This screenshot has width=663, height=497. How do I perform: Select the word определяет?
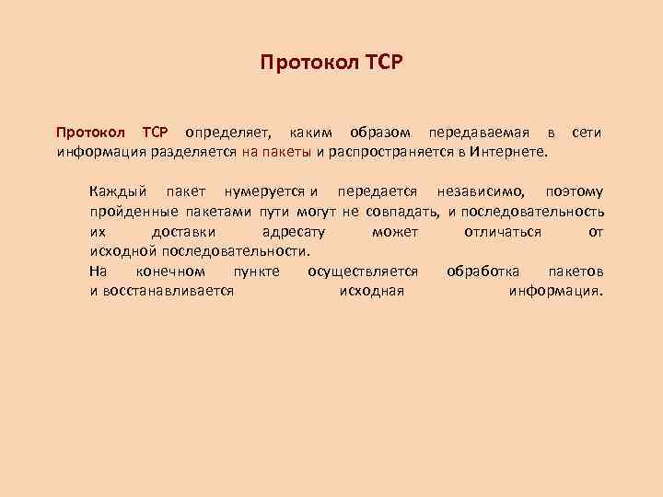(x=223, y=133)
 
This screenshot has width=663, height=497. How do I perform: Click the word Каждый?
(x=119, y=192)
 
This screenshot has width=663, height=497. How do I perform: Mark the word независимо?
(x=483, y=192)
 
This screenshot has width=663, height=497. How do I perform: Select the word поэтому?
(x=575, y=192)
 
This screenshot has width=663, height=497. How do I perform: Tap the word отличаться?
(x=503, y=232)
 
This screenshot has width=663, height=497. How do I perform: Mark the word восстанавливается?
(x=162, y=291)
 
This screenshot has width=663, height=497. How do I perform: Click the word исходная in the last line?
(x=371, y=291)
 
